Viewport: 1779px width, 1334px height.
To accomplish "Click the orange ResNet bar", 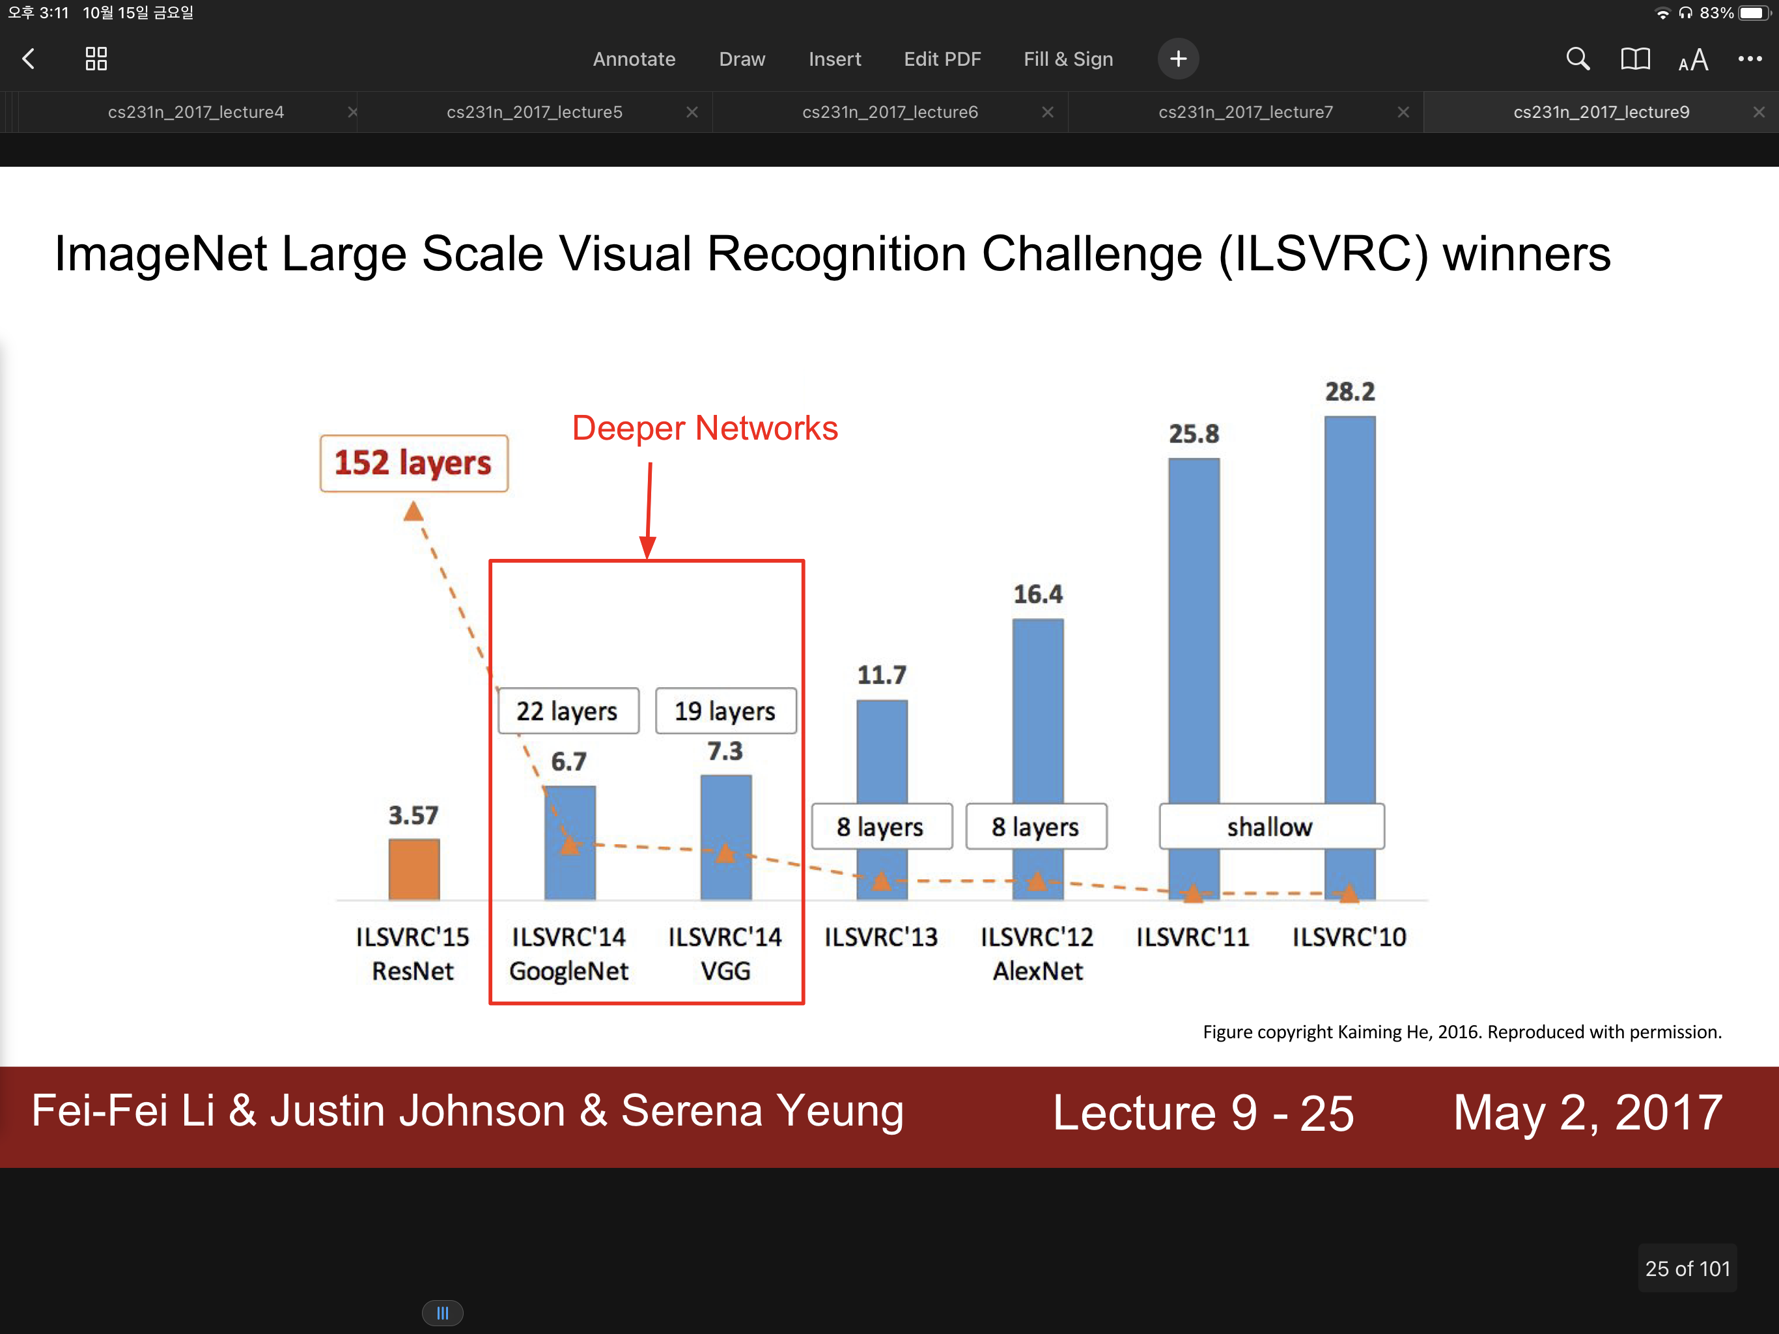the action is (x=413, y=869).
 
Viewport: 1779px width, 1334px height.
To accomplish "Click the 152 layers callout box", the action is (x=413, y=463).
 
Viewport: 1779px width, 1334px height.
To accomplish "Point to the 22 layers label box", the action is (x=568, y=711).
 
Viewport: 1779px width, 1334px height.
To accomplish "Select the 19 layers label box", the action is (x=725, y=711).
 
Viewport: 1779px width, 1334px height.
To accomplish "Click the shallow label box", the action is (x=1270, y=827).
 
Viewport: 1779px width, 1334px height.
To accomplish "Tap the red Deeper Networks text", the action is (x=705, y=428).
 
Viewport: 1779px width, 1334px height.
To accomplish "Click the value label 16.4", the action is (x=1037, y=595).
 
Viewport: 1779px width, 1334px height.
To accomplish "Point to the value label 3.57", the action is (x=413, y=815).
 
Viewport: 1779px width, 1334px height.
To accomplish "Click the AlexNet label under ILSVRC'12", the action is (x=1037, y=971).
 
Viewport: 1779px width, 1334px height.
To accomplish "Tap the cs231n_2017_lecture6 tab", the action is (x=889, y=112).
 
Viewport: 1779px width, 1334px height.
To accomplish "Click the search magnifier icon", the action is (x=1577, y=59).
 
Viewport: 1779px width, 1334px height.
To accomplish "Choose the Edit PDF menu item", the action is (x=942, y=59).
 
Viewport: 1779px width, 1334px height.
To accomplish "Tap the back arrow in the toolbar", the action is (x=29, y=59).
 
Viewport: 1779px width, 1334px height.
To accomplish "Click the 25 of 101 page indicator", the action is (x=1687, y=1269).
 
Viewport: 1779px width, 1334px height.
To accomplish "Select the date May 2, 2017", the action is (x=1588, y=1112).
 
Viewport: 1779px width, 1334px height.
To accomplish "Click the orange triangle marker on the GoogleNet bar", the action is (x=569, y=845).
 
